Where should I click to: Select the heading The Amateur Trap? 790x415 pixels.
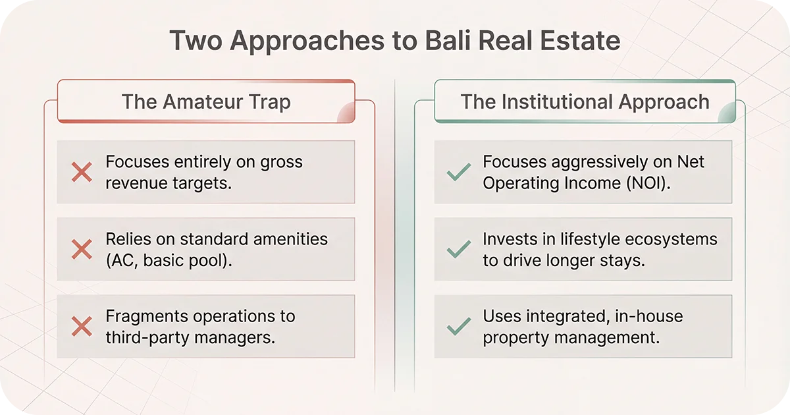(x=206, y=102)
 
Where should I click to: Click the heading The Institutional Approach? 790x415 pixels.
(x=585, y=102)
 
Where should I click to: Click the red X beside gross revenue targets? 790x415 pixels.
(x=82, y=173)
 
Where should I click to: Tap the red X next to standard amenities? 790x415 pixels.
(x=82, y=249)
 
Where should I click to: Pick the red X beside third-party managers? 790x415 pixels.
(x=82, y=327)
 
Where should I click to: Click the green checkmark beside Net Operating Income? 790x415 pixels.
(x=458, y=173)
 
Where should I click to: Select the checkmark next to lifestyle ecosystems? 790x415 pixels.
(x=458, y=249)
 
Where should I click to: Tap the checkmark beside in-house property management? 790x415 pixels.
(x=458, y=327)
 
